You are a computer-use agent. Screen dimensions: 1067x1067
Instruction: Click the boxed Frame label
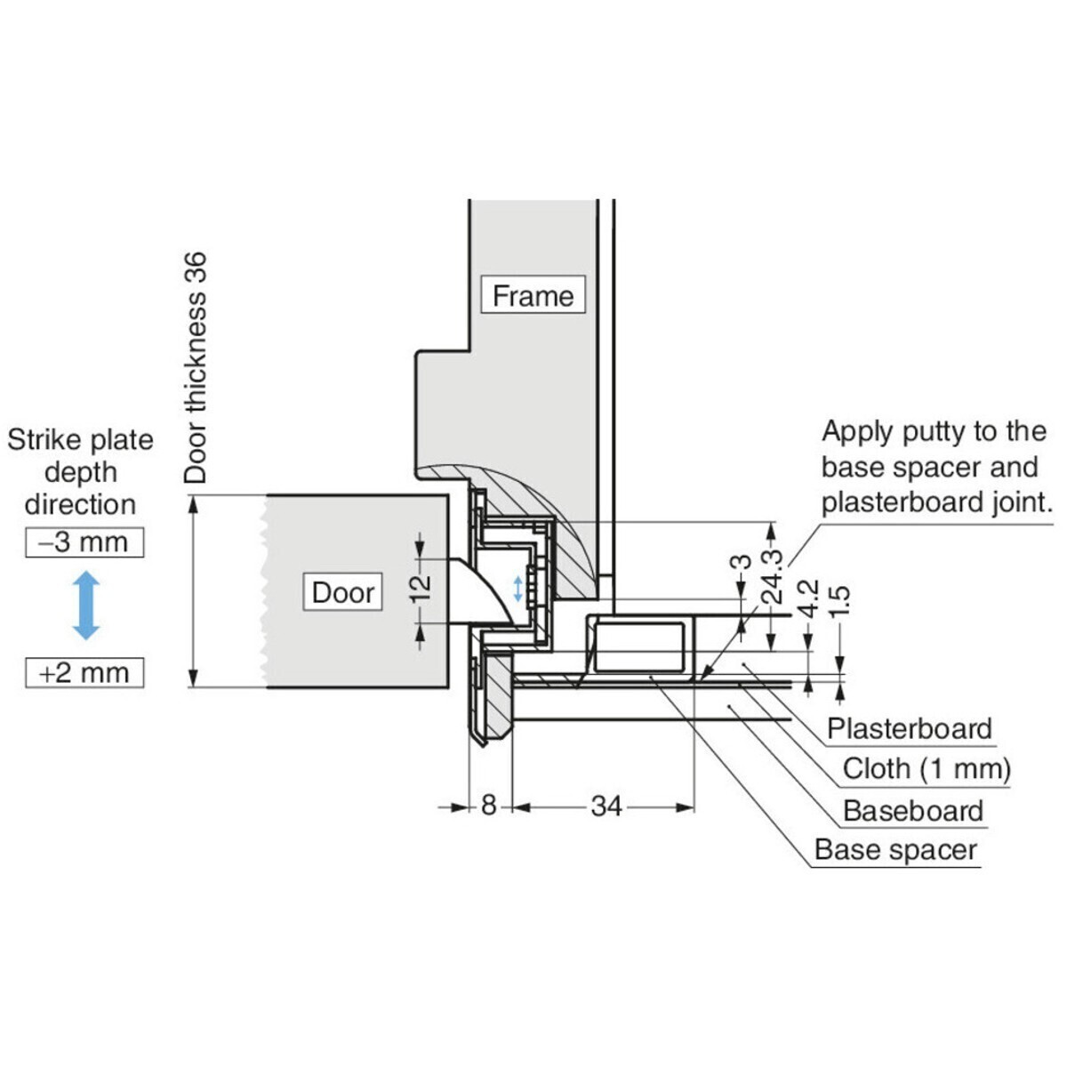[x=533, y=295]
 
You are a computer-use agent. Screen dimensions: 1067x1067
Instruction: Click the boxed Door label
[x=343, y=592]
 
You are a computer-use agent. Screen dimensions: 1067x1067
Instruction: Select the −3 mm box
[x=84, y=542]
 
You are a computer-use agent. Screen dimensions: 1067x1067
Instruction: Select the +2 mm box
[x=84, y=672]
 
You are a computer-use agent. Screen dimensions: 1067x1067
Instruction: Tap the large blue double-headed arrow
[x=85, y=606]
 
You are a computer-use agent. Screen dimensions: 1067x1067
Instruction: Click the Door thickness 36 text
[x=196, y=367]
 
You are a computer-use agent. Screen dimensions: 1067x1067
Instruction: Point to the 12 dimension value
[x=422, y=586]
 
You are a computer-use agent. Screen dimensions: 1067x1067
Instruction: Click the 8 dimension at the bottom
[x=489, y=806]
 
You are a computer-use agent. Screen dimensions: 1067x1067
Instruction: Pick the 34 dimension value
[x=606, y=806]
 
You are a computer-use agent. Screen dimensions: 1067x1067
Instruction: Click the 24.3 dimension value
[x=772, y=577]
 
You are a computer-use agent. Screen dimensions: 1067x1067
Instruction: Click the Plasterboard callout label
[x=909, y=728]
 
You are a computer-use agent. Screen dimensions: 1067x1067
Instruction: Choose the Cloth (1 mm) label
[x=927, y=768]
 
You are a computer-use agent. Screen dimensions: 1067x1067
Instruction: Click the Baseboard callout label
[x=913, y=810]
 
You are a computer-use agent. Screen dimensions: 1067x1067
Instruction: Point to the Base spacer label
[x=895, y=849]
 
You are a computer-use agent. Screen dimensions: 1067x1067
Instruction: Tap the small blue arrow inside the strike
[x=518, y=588]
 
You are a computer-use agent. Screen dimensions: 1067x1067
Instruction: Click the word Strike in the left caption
[x=43, y=440]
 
